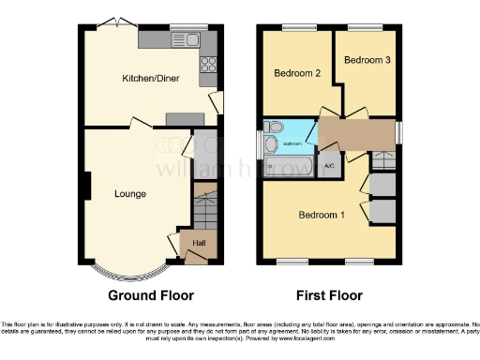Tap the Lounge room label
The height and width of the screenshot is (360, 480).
click(x=129, y=194)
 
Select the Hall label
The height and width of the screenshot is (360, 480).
click(x=199, y=244)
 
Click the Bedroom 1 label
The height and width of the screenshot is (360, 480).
click(x=322, y=215)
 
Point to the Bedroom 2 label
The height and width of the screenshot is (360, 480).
click(x=296, y=72)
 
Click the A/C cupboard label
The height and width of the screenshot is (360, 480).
click(x=329, y=166)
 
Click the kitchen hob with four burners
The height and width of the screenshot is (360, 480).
click(x=207, y=66)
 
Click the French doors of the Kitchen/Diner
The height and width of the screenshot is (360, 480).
click(x=113, y=22)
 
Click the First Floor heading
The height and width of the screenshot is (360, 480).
click(x=330, y=295)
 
